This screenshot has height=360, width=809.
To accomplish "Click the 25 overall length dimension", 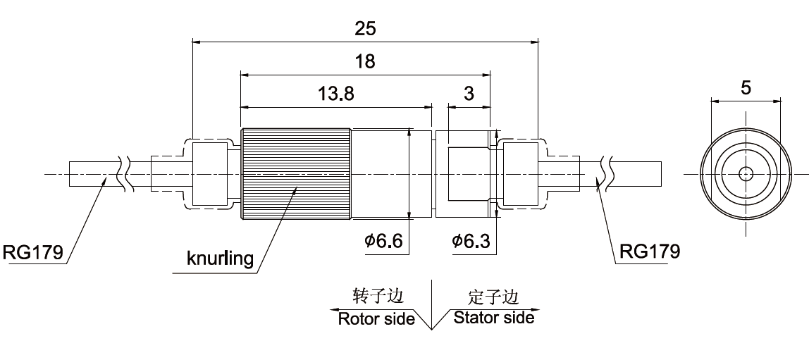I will (365, 29).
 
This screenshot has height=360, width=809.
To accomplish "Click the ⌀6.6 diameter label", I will (383, 242).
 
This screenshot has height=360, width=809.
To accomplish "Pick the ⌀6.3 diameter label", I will (471, 242).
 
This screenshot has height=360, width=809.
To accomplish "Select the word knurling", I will (220, 259).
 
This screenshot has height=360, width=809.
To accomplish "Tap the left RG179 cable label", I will (34, 252).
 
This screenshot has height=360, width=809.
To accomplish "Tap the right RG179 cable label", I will (650, 252).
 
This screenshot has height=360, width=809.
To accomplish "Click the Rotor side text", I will (376, 318).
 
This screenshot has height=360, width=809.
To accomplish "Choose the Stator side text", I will (493, 318).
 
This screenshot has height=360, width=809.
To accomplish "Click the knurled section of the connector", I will (296, 173).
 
